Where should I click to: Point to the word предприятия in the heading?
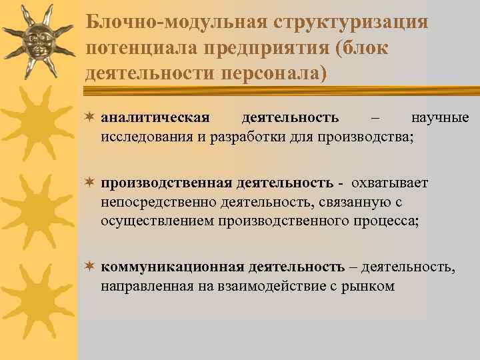point(279,48)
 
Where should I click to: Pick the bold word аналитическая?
point(155,119)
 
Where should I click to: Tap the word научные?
point(440,119)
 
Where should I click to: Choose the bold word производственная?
point(167,183)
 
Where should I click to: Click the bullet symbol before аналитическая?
point(90,119)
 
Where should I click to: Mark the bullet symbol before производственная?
point(90,183)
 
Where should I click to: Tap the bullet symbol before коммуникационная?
point(90,267)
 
